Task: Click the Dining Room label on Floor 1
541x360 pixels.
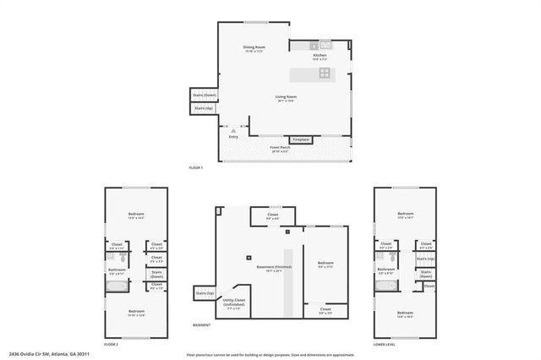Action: click(254, 47)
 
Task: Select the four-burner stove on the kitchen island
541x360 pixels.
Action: click(325, 74)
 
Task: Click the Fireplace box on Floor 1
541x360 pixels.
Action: click(301, 139)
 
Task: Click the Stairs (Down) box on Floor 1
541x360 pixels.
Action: click(205, 95)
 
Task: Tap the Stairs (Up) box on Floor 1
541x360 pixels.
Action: click(205, 108)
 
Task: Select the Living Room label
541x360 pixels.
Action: click(286, 97)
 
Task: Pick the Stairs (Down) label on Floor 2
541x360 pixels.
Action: click(156, 275)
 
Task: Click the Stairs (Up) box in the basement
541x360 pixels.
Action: click(205, 292)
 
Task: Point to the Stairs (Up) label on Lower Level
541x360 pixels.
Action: click(426, 259)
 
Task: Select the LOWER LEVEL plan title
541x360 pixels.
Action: click(385, 345)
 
